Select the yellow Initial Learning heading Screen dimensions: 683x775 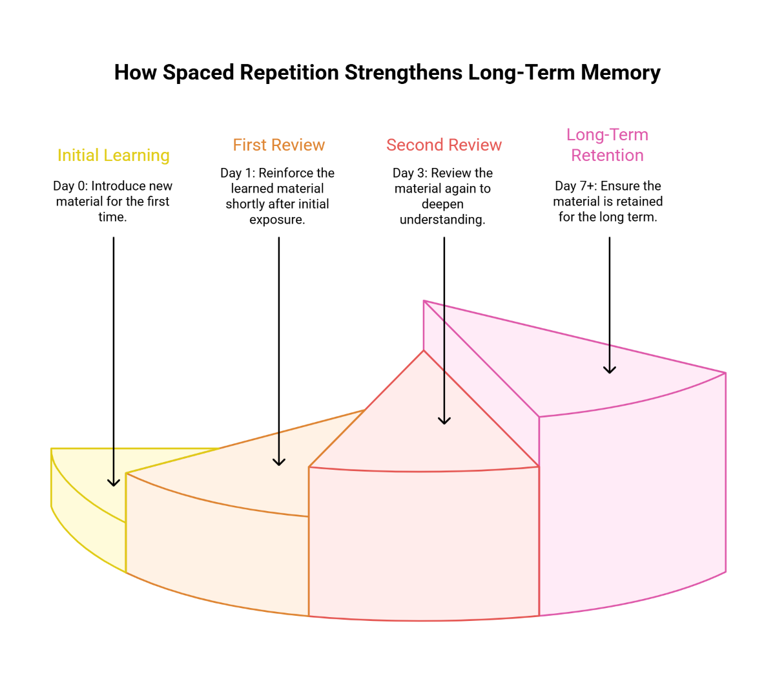(x=114, y=156)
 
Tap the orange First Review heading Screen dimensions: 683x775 (x=279, y=145)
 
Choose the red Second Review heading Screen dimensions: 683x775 (x=444, y=145)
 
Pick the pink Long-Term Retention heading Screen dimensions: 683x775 (x=608, y=145)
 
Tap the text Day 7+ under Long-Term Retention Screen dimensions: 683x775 (x=575, y=186)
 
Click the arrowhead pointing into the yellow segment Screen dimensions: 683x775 (x=114, y=483)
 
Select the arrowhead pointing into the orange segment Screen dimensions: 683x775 (x=279, y=462)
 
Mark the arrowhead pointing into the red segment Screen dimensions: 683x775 (x=444, y=421)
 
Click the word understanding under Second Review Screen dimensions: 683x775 (x=442, y=220)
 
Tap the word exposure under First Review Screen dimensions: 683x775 (x=277, y=220)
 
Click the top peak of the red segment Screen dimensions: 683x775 (x=424, y=352)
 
